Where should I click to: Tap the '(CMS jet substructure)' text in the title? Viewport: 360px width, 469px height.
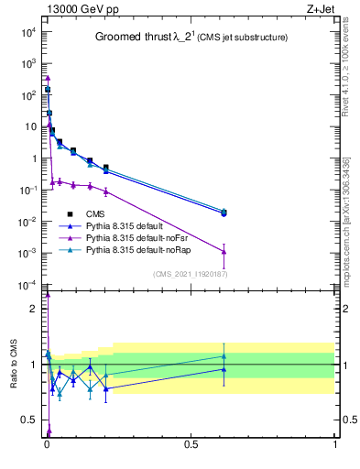tap(242, 38)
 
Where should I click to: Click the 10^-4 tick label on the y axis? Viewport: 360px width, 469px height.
tap(27, 285)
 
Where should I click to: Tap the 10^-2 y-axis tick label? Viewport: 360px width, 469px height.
tap(27, 222)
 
